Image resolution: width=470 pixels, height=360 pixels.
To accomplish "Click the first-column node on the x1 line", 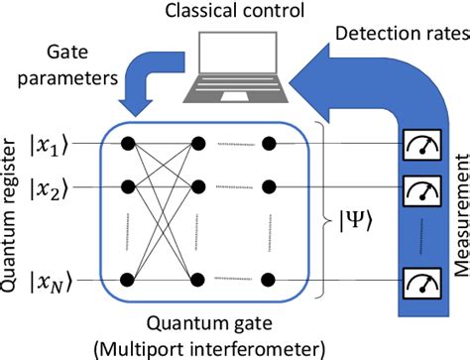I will pyautogui.click(x=128, y=145).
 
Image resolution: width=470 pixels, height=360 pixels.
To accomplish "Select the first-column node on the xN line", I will pyautogui.click(x=128, y=256).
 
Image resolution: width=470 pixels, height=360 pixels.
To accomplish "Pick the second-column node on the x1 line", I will pyautogui.click(x=198, y=145).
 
